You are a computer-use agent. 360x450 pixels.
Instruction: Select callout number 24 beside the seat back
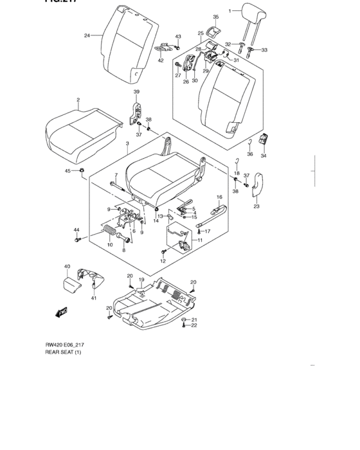87,35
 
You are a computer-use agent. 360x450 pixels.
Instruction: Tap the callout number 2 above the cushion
78,100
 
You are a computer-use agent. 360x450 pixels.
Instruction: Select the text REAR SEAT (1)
63,352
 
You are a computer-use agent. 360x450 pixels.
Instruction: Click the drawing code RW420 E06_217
64,345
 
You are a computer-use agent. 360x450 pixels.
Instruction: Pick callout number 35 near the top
215,17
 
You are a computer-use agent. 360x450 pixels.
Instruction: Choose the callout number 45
67,170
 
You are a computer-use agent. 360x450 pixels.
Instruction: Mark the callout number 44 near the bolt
75,230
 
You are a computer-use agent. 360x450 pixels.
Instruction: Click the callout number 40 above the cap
67,266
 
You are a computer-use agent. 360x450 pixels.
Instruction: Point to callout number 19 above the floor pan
141,280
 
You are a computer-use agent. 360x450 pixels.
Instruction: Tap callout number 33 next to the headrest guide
264,50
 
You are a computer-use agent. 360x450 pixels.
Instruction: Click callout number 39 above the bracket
136,93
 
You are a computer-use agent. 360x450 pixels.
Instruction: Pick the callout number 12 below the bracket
163,261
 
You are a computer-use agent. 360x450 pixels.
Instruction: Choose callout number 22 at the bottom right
195,326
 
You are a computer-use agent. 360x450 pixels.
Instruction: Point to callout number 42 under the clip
161,61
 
